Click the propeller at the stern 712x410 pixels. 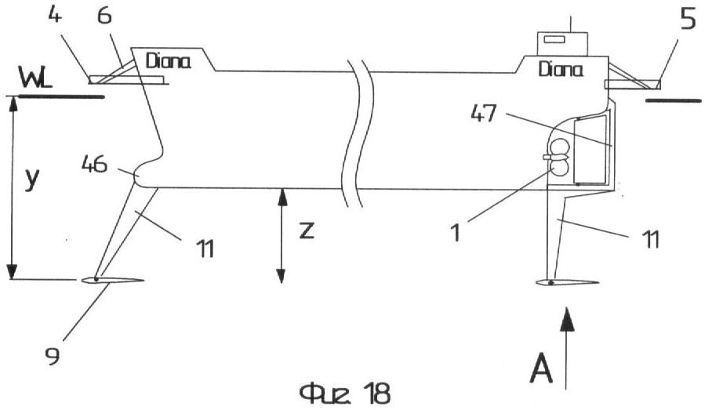tap(559, 156)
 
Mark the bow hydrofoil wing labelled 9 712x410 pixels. tap(113, 281)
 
